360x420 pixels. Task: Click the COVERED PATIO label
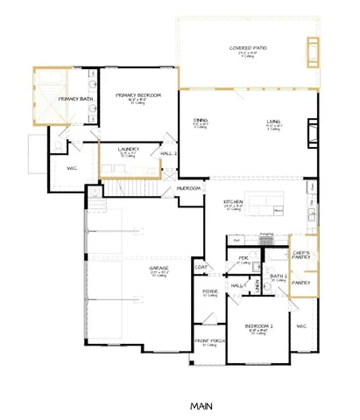click(243, 47)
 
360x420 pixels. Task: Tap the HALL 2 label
click(169, 154)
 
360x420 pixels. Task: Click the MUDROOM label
click(188, 187)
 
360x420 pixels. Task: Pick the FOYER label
click(210, 291)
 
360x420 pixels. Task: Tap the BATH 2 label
click(279, 276)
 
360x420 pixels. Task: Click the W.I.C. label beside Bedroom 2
click(301, 325)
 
